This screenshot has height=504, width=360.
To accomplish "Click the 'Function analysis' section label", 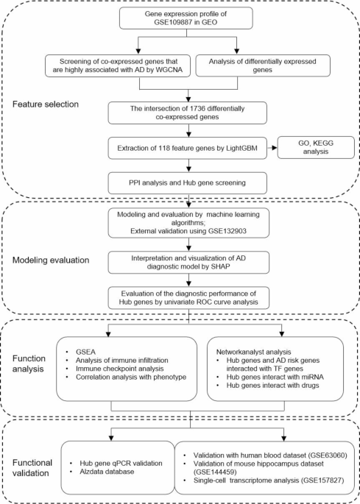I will (29, 361).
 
